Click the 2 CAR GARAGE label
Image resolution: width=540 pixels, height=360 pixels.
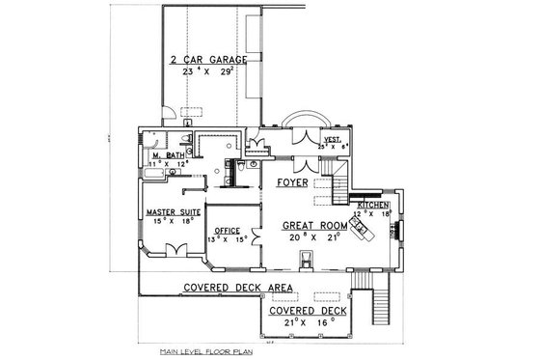tap(208, 60)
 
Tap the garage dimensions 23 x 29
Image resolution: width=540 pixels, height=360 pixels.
tap(208, 72)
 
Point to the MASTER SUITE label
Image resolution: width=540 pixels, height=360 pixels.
tap(174, 210)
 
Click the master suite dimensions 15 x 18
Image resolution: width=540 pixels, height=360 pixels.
tap(174, 221)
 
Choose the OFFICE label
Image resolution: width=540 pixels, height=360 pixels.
tap(228, 230)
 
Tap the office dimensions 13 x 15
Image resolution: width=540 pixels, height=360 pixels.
tap(229, 239)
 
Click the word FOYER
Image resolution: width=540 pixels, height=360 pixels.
tap(291, 181)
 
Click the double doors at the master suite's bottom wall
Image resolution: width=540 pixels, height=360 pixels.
tap(176, 251)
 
